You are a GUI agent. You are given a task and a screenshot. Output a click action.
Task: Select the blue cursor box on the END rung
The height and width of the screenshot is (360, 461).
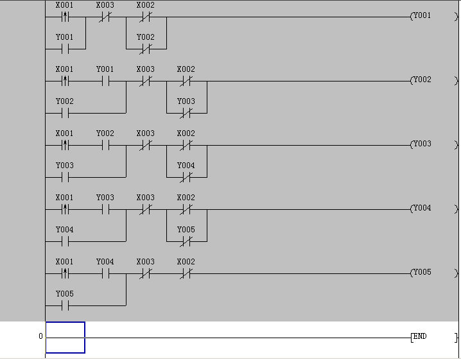click(65, 338)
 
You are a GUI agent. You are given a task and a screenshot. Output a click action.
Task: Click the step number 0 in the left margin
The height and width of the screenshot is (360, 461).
click(40, 336)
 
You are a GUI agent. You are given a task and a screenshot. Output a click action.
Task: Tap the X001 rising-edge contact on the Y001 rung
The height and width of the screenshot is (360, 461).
click(65, 17)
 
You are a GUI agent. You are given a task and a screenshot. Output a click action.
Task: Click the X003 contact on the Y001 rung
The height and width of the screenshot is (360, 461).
click(105, 17)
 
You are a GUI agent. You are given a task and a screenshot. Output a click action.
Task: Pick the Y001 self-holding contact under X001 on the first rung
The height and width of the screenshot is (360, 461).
click(65, 49)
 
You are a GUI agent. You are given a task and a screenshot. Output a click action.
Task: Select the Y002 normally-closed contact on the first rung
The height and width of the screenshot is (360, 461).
click(146, 49)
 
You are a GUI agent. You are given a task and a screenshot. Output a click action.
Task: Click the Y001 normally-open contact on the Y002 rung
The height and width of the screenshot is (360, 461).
click(105, 81)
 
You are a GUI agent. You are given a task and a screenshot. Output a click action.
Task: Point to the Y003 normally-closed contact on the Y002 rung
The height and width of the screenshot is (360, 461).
click(186, 113)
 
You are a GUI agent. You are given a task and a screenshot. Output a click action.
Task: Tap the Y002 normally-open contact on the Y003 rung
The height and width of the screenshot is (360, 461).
click(105, 145)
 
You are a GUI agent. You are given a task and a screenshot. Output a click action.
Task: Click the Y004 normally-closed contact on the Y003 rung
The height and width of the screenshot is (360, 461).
click(186, 177)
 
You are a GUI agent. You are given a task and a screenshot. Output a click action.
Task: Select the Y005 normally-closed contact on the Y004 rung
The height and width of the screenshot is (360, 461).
click(186, 241)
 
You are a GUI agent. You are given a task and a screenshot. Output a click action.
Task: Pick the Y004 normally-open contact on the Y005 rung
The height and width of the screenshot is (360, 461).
click(105, 273)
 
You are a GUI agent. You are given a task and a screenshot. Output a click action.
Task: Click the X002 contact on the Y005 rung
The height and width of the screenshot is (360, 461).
click(186, 273)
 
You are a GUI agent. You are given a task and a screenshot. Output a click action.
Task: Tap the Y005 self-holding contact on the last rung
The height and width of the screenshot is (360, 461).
click(65, 305)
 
